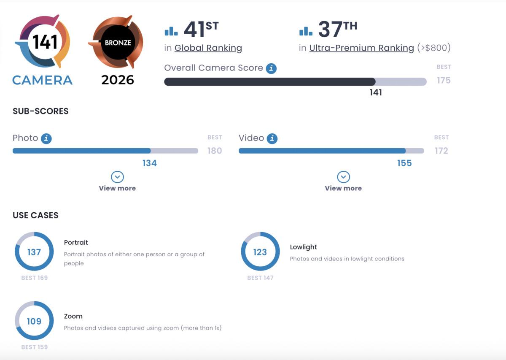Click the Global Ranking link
pyautogui.click(x=208, y=48)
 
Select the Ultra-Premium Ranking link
pyautogui.click(x=361, y=48)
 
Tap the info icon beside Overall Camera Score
pyautogui.click(x=271, y=68)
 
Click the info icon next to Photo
pyautogui.click(x=46, y=138)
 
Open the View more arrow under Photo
pyautogui.click(x=117, y=177)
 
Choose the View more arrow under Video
pyautogui.click(x=343, y=177)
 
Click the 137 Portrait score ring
pyautogui.click(x=34, y=252)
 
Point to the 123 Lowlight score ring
pyautogui.click(x=260, y=252)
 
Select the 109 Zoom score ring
pyautogui.click(x=34, y=321)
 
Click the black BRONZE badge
pyautogui.click(x=118, y=43)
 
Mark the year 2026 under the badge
pyautogui.click(x=118, y=80)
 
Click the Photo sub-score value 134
pyautogui.click(x=149, y=163)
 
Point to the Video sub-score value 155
pyautogui.click(x=404, y=163)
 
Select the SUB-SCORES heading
pyautogui.click(x=40, y=111)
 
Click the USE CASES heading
pyautogui.click(x=35, y=215)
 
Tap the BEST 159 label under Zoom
pyautogui.click(x=34, y=347)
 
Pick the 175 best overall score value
pyautogui.click(x=444, y=80)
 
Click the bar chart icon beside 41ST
pyautogui.click(x=171, y=31)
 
